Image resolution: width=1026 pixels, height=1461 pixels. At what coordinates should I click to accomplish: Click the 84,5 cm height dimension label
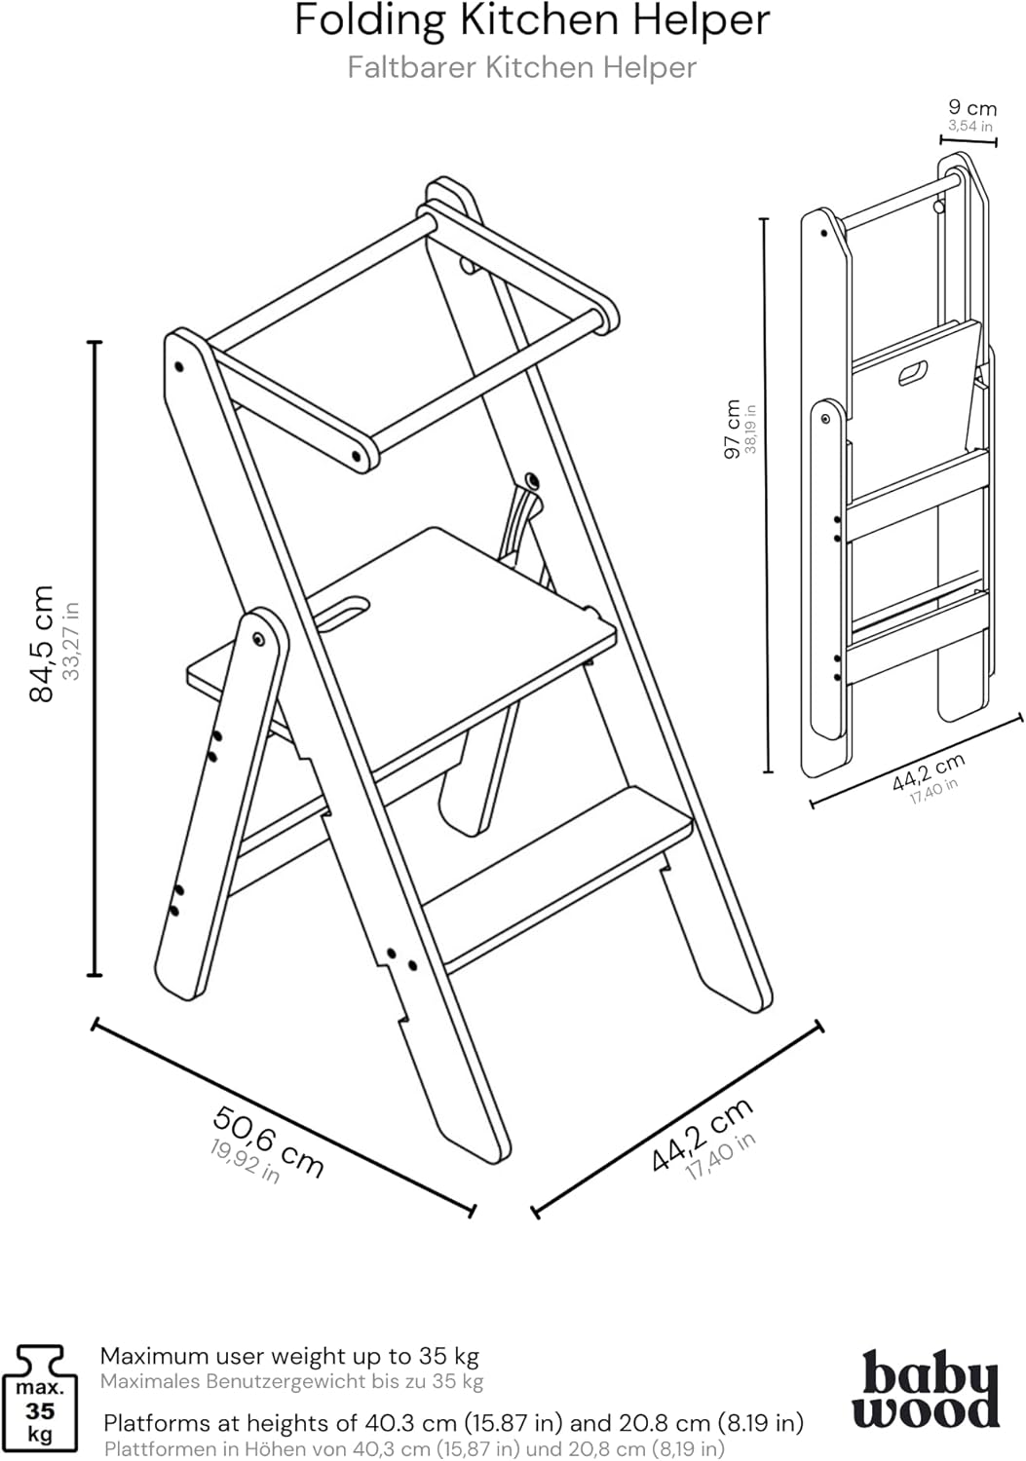41,643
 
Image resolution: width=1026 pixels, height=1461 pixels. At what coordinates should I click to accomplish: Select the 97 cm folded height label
733,429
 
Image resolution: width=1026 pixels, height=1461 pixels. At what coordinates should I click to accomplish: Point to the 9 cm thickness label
972,107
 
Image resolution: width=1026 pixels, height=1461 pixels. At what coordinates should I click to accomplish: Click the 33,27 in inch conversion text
70,641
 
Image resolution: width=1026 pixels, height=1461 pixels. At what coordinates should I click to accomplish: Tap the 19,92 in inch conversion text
245,1162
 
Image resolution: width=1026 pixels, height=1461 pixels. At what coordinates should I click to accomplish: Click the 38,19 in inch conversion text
750,429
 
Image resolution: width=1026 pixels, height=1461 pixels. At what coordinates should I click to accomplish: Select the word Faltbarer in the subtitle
412,68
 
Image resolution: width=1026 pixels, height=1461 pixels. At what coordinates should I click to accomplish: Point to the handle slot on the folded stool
913,372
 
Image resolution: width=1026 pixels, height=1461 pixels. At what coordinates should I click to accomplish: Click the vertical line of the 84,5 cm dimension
95,658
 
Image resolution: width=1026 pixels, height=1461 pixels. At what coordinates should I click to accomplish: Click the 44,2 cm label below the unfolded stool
702,1135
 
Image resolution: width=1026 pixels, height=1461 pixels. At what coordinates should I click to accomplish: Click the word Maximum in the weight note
154,1357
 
